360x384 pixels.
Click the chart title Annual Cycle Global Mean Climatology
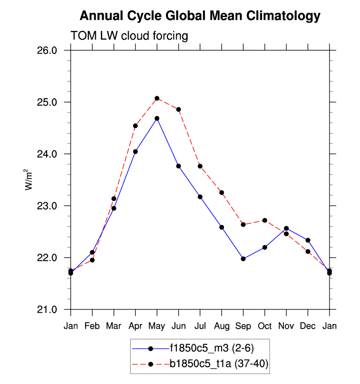199,16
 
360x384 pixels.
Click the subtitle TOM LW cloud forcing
130,36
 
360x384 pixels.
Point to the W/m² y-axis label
29,180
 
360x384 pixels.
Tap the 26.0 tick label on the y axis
48,51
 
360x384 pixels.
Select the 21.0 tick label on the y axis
48,310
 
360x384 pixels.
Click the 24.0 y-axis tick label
48,154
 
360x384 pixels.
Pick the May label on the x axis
157,326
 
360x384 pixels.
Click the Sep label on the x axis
243,326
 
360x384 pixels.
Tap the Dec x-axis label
308,326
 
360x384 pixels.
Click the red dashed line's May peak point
157,98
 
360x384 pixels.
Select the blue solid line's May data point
157,118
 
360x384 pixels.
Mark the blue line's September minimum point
243,259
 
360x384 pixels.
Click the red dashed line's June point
179,110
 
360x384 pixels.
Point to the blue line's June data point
179,166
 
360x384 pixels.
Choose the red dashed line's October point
265,220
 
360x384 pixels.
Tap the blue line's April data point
136,152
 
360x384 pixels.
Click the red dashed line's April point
136,126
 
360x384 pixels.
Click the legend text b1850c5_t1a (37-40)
219,364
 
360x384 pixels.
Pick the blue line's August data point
222,227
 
